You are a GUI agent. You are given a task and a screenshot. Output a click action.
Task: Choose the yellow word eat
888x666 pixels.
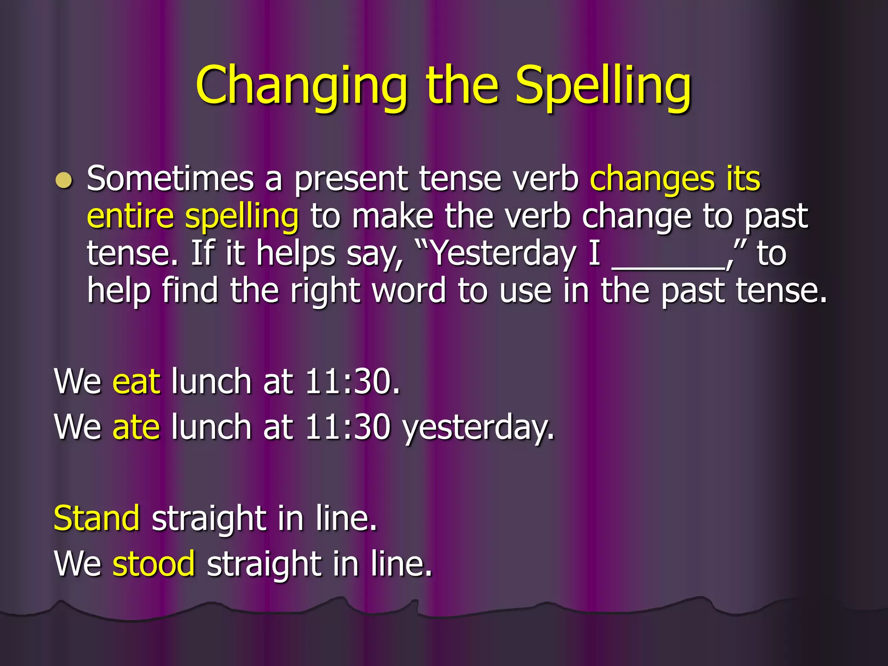pyautogui.click(x=136, y=382)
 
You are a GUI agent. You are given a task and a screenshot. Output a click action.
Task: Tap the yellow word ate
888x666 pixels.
pyautogui.click(x=136, y=427)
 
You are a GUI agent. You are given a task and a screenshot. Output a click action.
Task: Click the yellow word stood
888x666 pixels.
pyautogui.click(x=153, y=564)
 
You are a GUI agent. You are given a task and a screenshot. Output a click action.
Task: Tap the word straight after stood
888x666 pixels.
pyautogui.click(x=264, y=565)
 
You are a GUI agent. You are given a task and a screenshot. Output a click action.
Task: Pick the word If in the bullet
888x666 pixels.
pyautogui.click(x=202, y=253)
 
